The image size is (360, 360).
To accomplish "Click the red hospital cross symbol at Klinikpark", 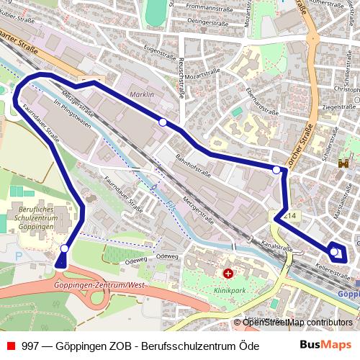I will [x=228, y=274].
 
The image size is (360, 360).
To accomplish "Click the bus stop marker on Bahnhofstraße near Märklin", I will [x=163, y=122].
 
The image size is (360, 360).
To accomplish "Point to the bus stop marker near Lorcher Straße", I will [x=276, y=170].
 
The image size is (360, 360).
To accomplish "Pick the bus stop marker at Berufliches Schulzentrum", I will [x=65, y=248].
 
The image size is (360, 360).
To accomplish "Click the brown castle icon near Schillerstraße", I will [x=343, y=164].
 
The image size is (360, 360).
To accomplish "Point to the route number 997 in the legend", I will [x=30, y=346].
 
